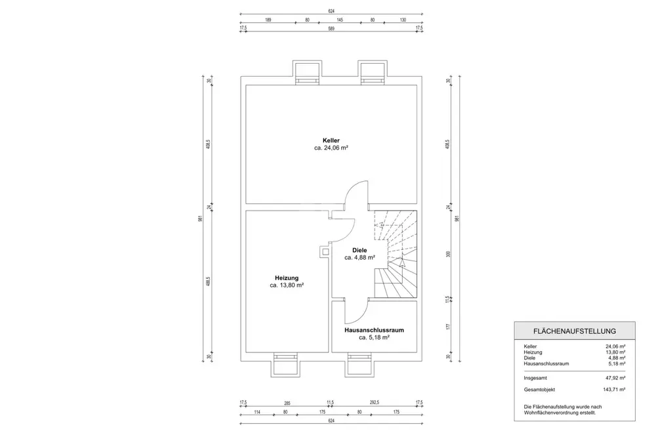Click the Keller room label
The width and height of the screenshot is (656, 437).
331,140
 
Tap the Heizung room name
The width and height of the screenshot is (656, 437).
287,278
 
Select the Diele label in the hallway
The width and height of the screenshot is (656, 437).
359,250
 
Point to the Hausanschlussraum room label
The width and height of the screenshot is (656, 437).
375,330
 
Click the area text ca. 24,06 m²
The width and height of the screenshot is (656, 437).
331,148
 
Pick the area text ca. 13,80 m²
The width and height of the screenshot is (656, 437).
287,285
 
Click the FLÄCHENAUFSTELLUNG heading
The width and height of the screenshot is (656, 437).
575,331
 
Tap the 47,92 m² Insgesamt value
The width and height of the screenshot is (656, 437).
614,378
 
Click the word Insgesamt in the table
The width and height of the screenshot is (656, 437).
536,378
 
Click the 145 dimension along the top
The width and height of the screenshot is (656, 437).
340,20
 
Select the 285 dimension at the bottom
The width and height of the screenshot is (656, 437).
287,404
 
